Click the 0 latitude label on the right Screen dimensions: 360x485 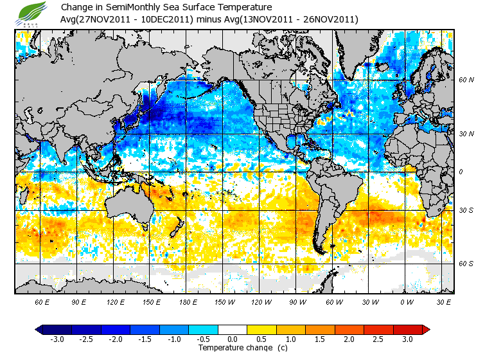click(x=461, y=172)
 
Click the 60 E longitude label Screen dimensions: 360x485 click(x=42, y=301)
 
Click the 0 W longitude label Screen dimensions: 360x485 click(x=407, y=301)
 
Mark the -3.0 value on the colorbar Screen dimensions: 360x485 click(x=58, y=339)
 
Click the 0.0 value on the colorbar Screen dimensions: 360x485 click(x=233, y=339)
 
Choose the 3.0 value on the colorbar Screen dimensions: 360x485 click(x=407, y=339)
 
